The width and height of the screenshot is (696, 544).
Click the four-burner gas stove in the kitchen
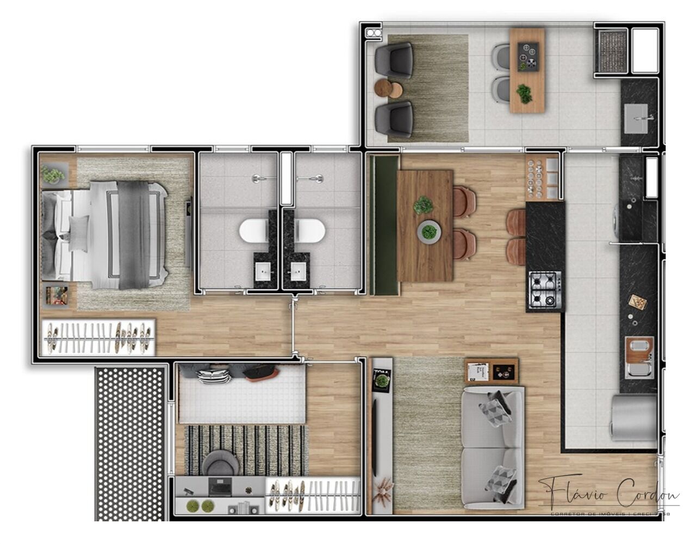coord(545,289)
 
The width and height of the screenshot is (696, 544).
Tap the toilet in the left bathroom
coord(252,232)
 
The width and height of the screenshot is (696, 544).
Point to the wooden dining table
coord(425,225)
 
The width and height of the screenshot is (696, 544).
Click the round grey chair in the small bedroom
coord(218,462)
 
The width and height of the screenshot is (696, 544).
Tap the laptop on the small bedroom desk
coord(220,487)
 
